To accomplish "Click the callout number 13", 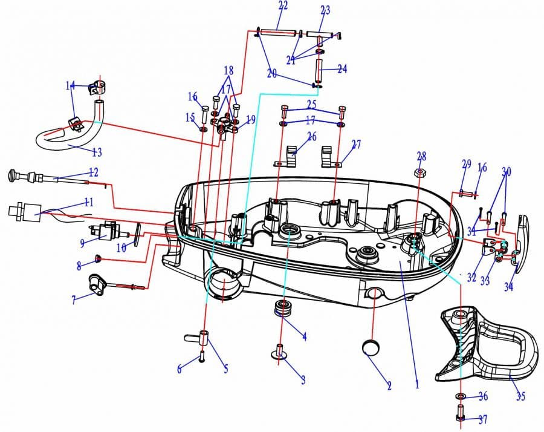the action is [97, 152].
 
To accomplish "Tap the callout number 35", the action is [520, 396].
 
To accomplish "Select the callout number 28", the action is [421, 156].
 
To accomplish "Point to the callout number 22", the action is [283, 5].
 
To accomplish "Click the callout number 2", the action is [389, 385].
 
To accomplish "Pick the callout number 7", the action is [74, 300].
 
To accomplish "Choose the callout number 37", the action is [482, 420].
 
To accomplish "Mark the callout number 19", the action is [250, 120].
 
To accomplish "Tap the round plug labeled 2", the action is [371, 348].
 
